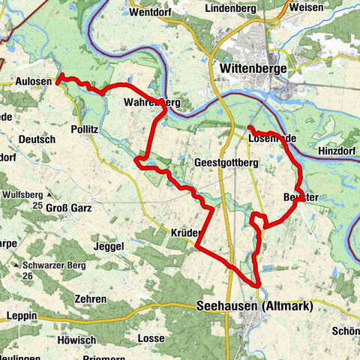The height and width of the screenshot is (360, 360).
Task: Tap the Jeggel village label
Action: [109, 246]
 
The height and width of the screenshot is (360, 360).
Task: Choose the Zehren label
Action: [90, 298]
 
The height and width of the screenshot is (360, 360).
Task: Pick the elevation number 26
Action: [28, 276]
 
